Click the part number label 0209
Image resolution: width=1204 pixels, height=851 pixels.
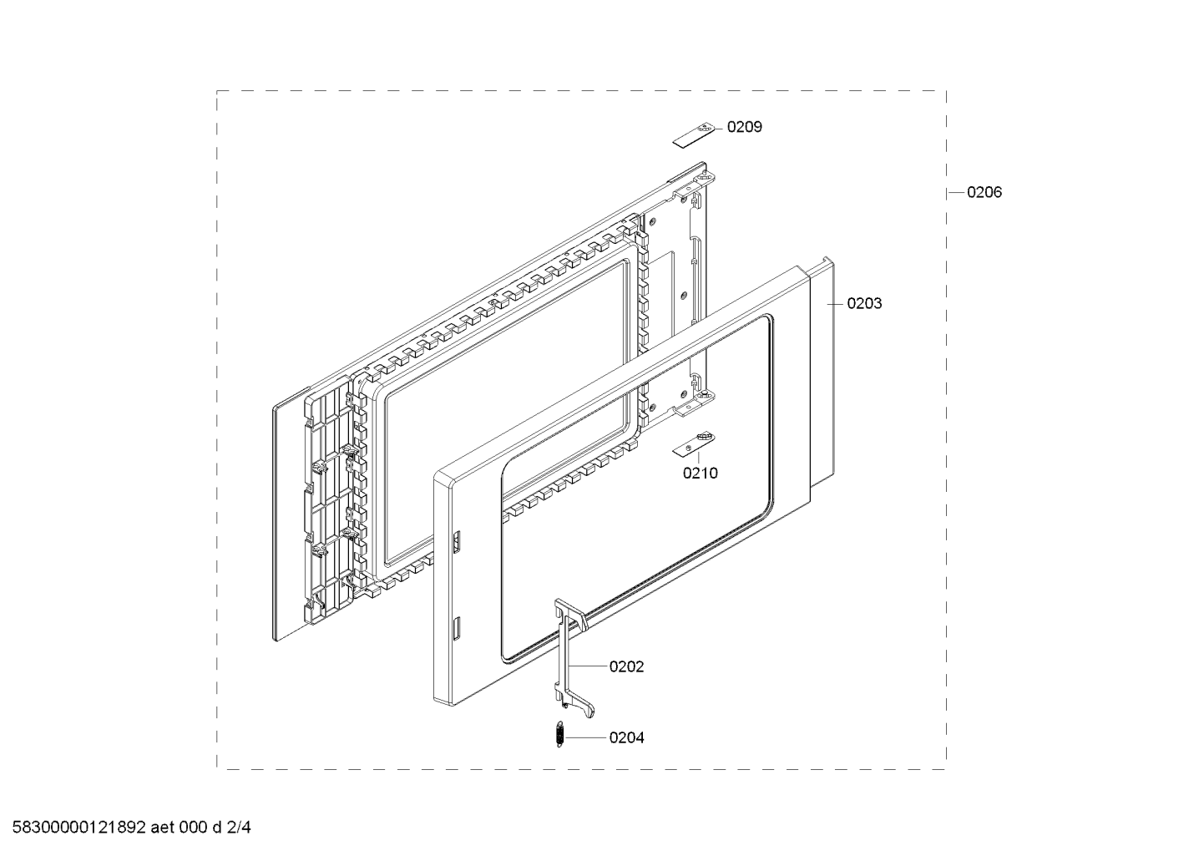[745, 127]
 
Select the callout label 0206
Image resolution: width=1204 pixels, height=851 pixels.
[984, 192]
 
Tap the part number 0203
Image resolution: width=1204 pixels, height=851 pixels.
[864, 304]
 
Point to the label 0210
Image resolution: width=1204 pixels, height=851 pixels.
[701, 473]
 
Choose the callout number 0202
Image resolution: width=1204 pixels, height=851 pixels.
[626, 666]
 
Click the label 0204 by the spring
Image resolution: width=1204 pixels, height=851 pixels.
[626, 737]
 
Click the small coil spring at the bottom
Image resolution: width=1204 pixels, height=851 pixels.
[559, 734]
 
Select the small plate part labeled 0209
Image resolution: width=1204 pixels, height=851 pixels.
[694, 135]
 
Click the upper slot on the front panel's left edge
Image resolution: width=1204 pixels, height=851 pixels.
[457, 542]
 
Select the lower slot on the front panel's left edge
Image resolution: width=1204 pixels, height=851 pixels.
[457, 629]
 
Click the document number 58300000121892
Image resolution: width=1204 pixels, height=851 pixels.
[79, 828]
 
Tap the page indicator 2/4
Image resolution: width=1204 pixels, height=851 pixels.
[239, 828]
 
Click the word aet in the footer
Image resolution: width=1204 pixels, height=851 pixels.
[163, 828]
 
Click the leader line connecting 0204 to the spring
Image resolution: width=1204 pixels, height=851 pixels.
[584, 737]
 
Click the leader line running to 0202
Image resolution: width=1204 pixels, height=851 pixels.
[588, 666]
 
